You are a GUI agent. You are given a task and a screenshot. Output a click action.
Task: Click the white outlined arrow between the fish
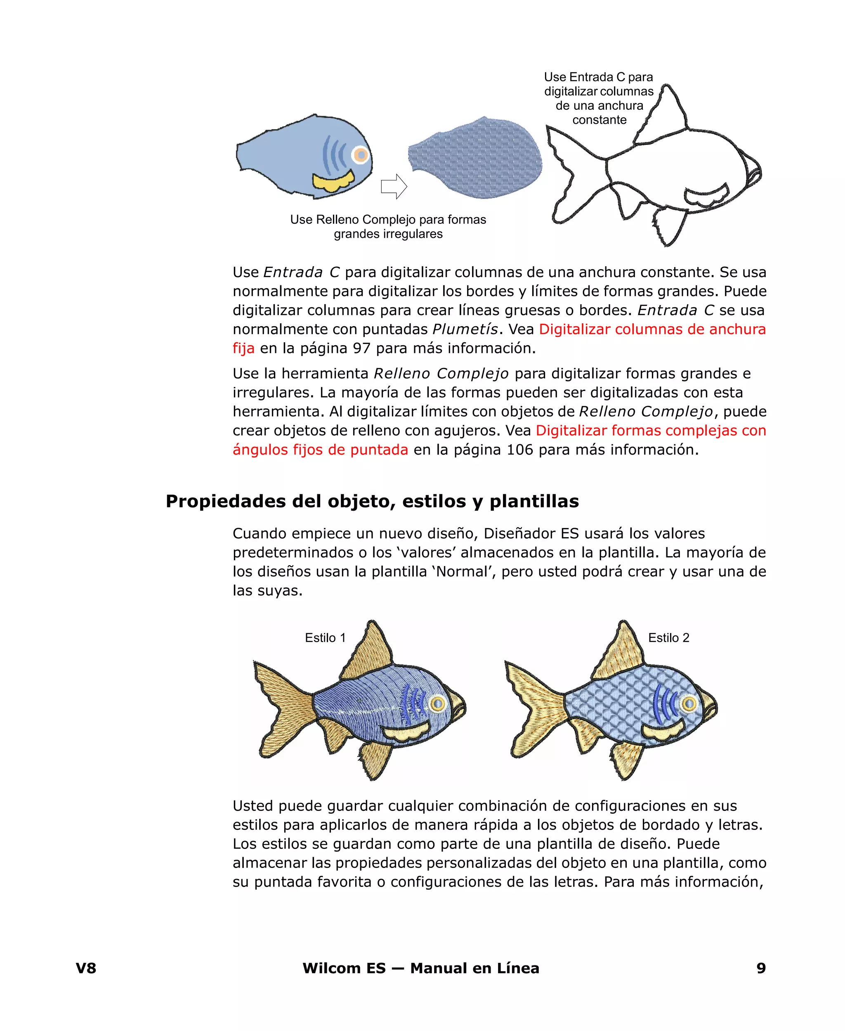(x=393, y=186)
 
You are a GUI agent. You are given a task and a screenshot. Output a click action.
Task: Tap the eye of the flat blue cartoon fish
(x=360, y=155)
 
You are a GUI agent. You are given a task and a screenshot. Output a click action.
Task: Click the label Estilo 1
(x=325, y=638)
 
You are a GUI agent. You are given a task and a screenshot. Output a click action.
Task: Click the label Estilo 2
(x=668, y=638)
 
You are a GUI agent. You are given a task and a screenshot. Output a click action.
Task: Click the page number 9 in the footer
(x=761, y=968)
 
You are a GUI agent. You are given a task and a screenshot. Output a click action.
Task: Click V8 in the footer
(x=86, y=968)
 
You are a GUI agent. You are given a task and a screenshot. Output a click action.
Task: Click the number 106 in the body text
(x=519, y=450)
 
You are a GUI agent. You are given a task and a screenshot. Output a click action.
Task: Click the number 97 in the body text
(x=362, y=348)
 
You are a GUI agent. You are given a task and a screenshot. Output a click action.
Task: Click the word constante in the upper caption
(x=599, y=120)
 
